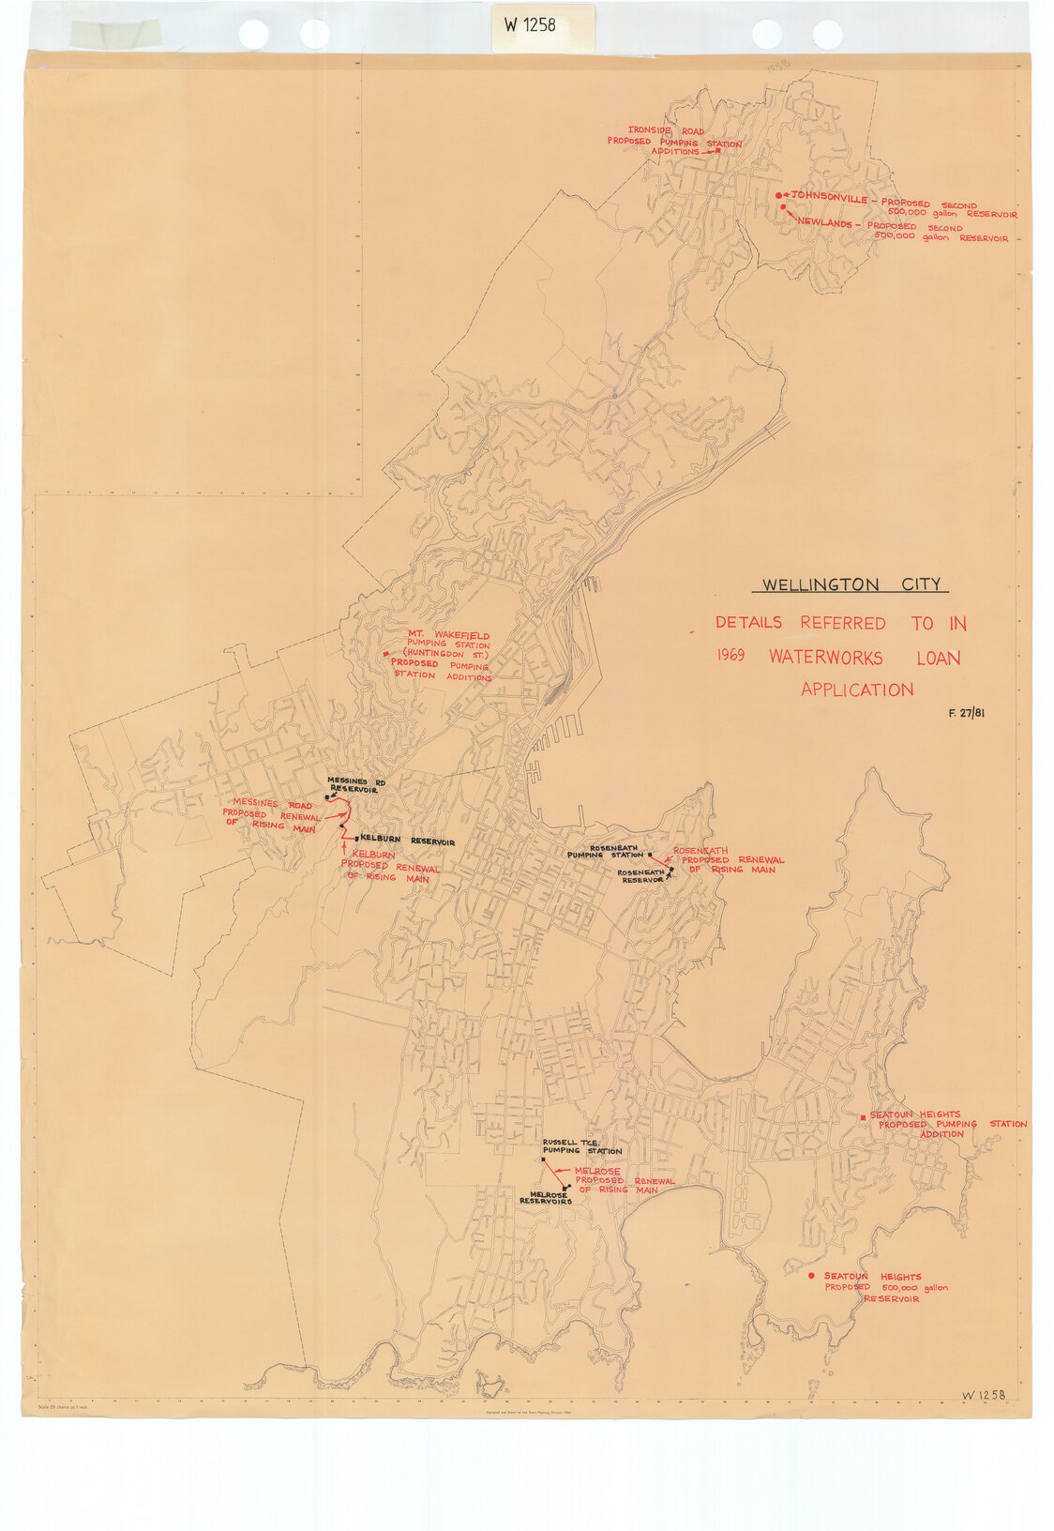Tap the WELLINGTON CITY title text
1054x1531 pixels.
[851, 585]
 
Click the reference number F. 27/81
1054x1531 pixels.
[966, 713]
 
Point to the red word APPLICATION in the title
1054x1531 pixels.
[856, 690]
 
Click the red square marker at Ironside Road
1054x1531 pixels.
[718, 150]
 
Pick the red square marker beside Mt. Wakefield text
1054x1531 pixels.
[386, 653]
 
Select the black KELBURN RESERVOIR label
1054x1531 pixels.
[407, 842]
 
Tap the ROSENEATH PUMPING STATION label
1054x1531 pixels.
[606, 852]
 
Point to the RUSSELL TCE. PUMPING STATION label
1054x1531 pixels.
[581, 1146]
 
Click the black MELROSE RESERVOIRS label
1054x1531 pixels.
[545, 1198]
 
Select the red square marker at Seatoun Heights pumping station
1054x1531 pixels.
[863, 1117]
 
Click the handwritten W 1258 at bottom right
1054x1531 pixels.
[983, 1395]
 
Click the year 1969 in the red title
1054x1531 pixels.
[731, 656]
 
